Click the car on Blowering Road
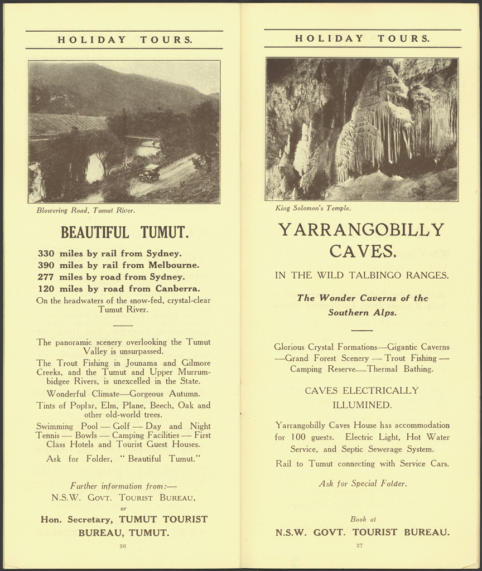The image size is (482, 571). pyautogui.click(x=150, y=173)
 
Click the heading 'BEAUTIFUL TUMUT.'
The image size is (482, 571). pyautogui.click(x=124, y=232)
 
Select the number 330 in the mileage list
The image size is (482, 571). pyautogui.click(x=46, y=253)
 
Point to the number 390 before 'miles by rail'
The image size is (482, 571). pyautogui.click(x=46, y=265)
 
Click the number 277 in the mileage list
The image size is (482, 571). pyautogui.click(x=46, y=277)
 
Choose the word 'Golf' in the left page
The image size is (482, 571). pyautogui.click(x=125, y=426)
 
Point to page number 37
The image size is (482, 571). pyautogui.click(x=359, y=545)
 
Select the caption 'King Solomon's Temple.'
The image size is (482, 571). pyautogui.click(x=313, y=208)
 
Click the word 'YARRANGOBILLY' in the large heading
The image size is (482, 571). pyautogui.click(x=361, y=229)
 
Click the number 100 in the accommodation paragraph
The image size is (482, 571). pyautogui.click(x=298, y=438)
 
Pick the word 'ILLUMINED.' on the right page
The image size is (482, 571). pyautogui.click(x=362, y=404)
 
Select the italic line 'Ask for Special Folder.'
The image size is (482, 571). pyautogui.click(x=363, y=483)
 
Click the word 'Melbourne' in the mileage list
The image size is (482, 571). pyautogui.click(x=175, y=265)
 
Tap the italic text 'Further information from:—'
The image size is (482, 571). pyautogui.click(x=123, y=486)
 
